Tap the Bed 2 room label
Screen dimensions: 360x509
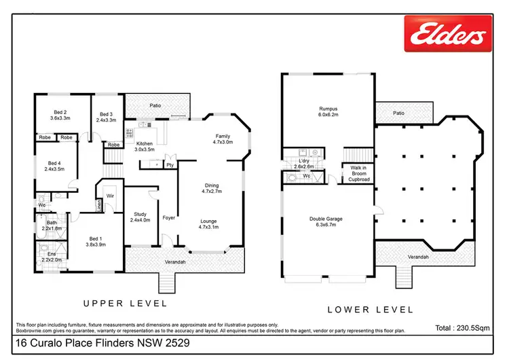coord(60,115)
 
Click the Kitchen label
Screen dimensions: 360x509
coord(144,147)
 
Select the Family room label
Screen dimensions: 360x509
coord(223,139)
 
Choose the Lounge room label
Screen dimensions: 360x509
coord(208,223)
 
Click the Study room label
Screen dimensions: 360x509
coord(138,217)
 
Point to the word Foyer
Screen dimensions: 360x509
coord(169,218)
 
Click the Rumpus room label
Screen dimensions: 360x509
coord(328,111)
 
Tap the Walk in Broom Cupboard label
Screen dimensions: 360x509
coord(359,174)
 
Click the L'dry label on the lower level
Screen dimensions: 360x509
coord(303,163)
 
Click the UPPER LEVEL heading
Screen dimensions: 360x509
coord(124,303)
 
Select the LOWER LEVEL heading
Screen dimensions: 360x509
coord(371,310)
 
